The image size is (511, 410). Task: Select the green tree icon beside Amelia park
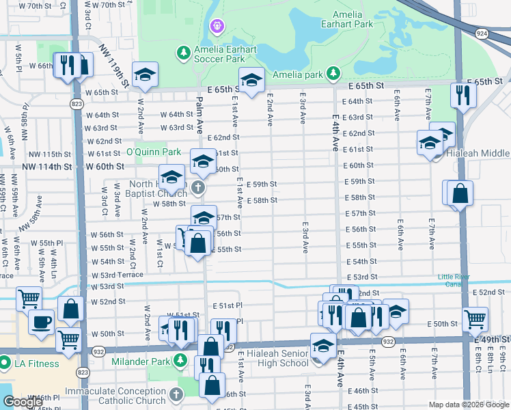click(x=332, y=72)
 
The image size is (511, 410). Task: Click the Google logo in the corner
click(x=23, y=402)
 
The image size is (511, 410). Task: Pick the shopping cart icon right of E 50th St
click(x=475, y=318)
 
